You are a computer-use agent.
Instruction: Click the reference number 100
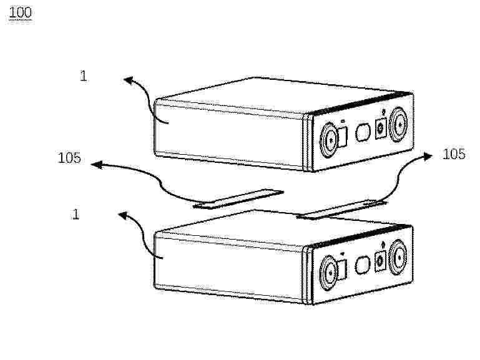[x=20, y=12]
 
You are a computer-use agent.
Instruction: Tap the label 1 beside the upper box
[x=84, y=75]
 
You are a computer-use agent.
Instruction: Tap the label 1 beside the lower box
[x=76, y=214]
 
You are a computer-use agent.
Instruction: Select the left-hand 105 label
[x=69, y=158]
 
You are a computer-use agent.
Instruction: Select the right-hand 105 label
[x=454, y=154]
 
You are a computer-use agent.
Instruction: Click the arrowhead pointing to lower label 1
[x=123, y=215]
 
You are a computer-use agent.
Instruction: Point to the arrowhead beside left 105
[x=96, y=165]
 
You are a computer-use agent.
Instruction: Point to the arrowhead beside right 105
[x=427, y=157]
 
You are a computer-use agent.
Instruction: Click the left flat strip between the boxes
[x=238, y=199]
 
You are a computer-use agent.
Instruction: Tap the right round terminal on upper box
[x=398, y=125]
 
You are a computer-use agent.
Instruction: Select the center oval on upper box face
[x=363, y=132]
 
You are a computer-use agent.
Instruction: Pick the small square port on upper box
[x=381, y=129]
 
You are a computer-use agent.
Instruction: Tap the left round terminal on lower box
[x=328, y=273]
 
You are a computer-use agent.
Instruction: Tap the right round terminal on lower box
[x=398, y=257]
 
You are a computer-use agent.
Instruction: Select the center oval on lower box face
[x=363, y=265]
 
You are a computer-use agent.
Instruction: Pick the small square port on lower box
[x=381, y=261]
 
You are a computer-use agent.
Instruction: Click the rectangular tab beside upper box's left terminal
[x=342, y=137]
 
